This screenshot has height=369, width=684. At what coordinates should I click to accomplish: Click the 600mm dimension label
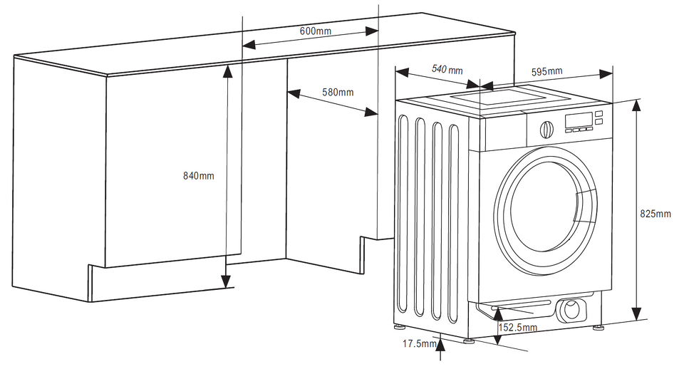pyautogui.click(x=316, y=31)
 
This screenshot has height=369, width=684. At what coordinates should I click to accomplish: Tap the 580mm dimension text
pyautogui.click(x=338, y=92)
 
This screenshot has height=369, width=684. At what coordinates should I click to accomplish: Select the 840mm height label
pyautogui.click(x=199, y=175)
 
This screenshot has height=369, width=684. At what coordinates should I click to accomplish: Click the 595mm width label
pyautogui.click(x=546, y=71)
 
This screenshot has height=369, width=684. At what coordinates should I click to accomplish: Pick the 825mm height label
pyautogui.click(x=655, y=214)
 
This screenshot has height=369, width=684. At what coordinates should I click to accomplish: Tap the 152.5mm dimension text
pyautogui.click(x=518, y=328)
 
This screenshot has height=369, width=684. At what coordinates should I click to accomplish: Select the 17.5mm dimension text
pyautogui.click(x=419, y=344)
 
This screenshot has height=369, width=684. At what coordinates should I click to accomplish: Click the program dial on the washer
pyautogui.click(x=546, y=130)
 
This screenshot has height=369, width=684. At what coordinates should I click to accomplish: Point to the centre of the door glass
pyautogui.click(x=545, y=207)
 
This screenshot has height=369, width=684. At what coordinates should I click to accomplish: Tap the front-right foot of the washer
pyautogui.click(x=601, y=329)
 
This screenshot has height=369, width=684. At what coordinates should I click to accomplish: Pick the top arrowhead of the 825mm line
pyautogui.click(x=636, y=103)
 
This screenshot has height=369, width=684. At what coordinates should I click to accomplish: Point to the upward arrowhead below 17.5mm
pyautogui.click(x=442, y=344)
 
